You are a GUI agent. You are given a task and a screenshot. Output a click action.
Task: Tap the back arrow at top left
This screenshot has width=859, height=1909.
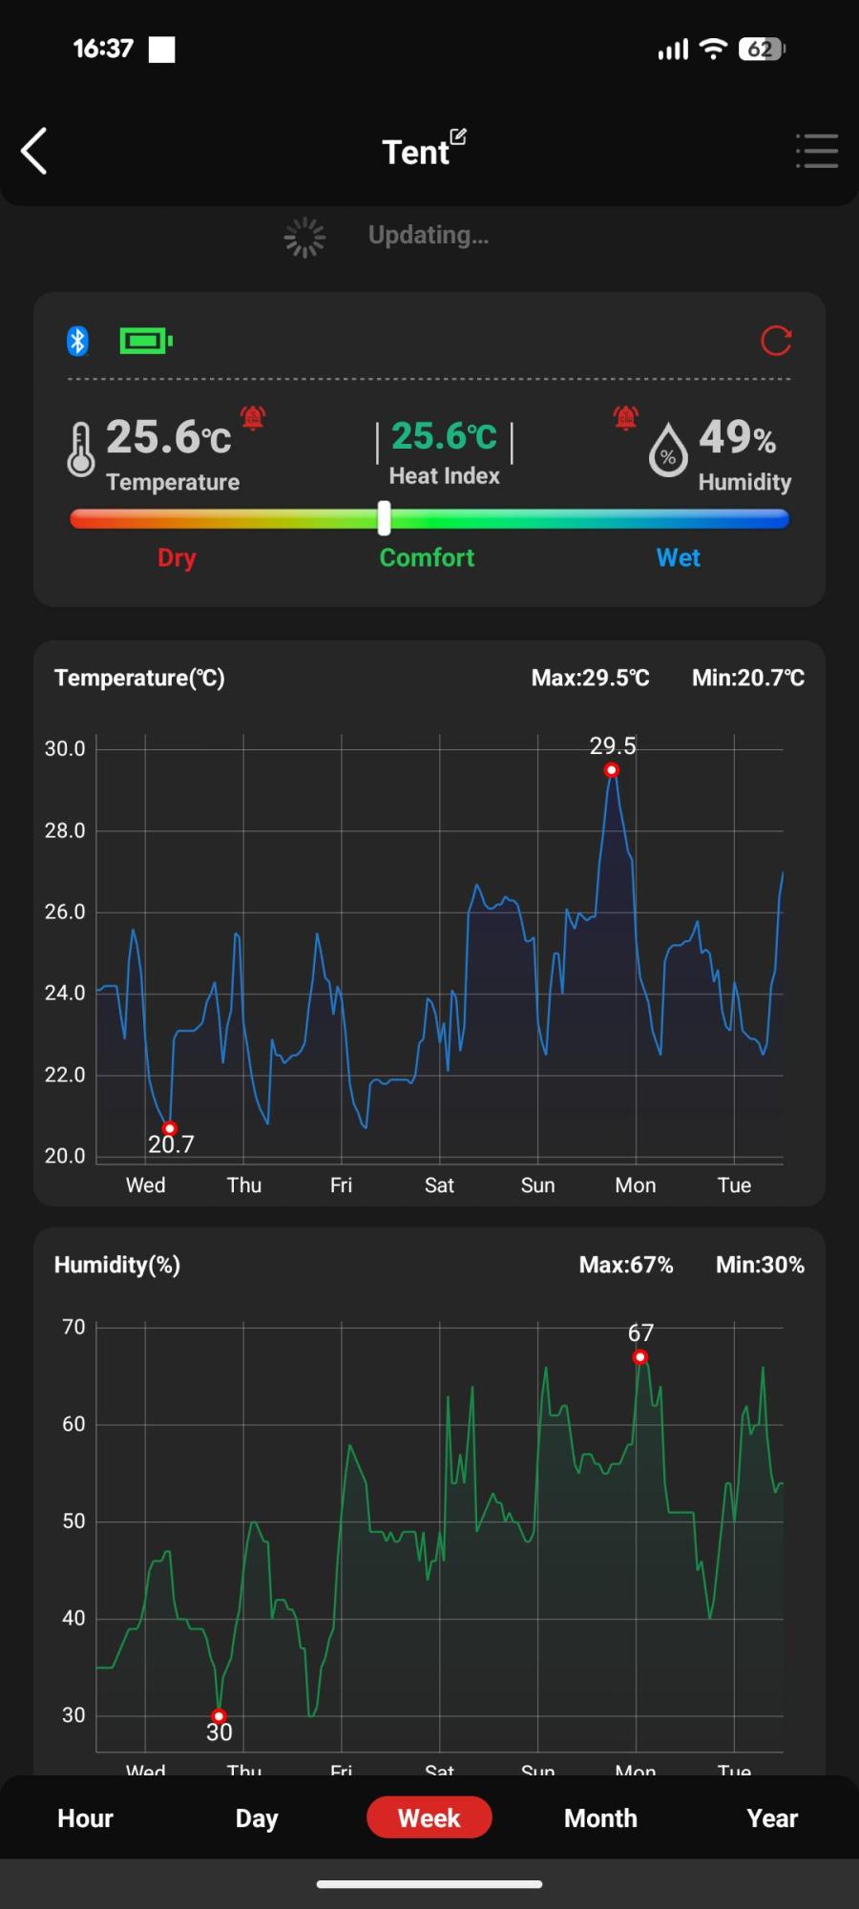point(34,151)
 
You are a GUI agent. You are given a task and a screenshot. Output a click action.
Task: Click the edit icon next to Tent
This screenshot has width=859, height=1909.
point(458,136)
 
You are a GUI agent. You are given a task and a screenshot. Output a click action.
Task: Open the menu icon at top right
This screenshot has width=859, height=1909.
point(817,151)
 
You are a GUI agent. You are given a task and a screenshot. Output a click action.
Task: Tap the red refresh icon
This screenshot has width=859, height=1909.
point(776,341)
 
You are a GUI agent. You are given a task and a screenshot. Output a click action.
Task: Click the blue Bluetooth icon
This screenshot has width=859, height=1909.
point(77,341)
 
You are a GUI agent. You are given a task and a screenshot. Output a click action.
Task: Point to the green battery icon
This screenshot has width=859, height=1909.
point(145,341)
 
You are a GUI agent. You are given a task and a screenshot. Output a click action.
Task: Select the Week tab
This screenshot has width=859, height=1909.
point(429,1817)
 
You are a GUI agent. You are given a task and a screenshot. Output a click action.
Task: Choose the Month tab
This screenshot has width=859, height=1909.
point(600,1817)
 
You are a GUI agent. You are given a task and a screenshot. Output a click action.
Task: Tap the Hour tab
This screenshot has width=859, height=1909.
point(85,1817)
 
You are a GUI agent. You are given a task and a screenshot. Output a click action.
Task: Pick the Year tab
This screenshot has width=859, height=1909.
point(771,1817)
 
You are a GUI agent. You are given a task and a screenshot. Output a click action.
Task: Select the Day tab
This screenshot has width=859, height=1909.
point(257,1817)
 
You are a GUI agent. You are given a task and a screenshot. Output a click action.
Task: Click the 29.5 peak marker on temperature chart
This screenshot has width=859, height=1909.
point(612,770)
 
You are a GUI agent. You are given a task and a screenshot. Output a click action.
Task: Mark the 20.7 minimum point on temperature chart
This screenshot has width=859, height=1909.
point(170,1128)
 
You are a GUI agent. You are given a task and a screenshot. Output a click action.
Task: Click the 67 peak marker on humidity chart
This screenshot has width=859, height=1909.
point(640,1356)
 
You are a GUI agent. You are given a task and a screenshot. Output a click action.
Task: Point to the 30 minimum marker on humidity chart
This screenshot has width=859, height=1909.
point(219,1715)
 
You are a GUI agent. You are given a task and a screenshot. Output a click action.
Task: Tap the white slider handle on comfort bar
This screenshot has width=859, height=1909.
point(384,518)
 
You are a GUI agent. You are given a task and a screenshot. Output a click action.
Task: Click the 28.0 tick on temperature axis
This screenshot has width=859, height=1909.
point(65,830)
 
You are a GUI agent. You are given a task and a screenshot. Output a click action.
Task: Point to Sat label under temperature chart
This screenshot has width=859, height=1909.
point(439,1185)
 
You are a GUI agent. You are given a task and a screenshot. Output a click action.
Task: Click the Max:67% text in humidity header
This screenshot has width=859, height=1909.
point(626,1265)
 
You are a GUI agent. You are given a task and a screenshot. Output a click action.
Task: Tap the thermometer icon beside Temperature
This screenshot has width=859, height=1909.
point(81,449)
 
